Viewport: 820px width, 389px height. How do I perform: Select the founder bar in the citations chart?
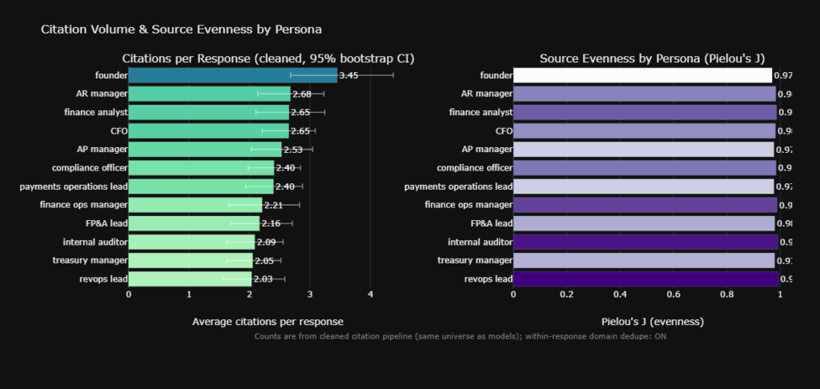click(232, 75)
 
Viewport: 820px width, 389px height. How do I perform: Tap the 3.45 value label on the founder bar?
click(349, 75)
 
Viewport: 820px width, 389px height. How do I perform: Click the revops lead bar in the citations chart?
click(189, 279)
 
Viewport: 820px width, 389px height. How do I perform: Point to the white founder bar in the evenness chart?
click(642, 75)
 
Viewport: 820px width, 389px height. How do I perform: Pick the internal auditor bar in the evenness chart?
click(645, 242)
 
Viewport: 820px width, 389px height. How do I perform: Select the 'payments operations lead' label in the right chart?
click(458, 186)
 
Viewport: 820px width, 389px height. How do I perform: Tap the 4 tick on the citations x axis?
click(370, 294)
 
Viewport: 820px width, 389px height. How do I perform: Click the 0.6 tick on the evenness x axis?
click(673, 294)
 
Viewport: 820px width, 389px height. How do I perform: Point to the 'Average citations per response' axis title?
click(267, 322)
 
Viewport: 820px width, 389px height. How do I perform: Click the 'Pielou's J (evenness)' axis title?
click(652, 322)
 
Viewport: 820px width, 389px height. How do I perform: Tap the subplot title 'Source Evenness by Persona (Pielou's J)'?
click(652, 58)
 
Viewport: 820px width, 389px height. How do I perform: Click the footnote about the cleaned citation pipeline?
click(460, 336)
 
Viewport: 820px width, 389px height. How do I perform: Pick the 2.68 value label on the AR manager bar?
click(302, 94)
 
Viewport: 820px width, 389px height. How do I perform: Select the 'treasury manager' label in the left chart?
click(90, 260)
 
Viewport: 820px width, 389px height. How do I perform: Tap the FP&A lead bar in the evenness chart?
click(644, 223)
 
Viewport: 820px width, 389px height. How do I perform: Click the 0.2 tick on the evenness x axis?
click(567, 294)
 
